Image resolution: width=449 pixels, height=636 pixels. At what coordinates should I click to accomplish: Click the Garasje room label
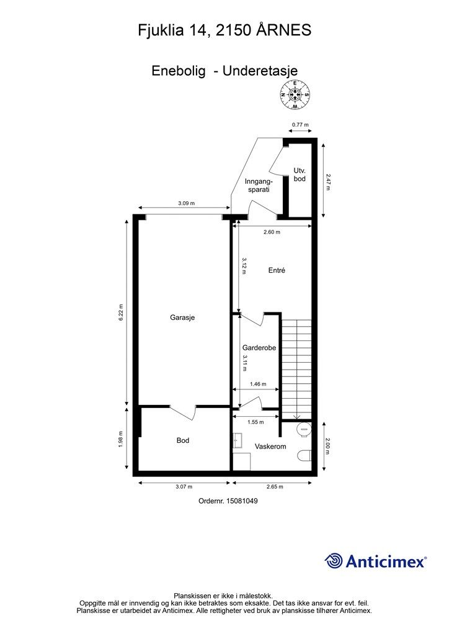tap(182, 317)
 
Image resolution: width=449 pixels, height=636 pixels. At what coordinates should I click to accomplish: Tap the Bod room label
tap(182, 440)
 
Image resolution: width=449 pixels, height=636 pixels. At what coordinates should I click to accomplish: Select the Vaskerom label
tap(270, 447)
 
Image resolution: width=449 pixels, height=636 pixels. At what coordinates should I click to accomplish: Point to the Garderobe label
tap(259, 348)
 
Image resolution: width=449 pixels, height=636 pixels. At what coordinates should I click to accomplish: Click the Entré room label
tap(277, 270)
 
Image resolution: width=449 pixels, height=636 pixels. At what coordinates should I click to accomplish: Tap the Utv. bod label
tap(300, 175)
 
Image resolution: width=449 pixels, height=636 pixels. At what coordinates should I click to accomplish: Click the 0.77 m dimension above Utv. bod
tap(300, 125)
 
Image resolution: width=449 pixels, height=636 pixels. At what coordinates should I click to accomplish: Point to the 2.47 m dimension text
tap(328, 183)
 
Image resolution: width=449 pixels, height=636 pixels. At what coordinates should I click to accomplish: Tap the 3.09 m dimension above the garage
tap(186, 203)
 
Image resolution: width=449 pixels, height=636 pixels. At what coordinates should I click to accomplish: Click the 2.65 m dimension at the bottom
tap(275, 487)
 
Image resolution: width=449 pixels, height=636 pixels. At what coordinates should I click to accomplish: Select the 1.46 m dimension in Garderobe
tap(258, 384)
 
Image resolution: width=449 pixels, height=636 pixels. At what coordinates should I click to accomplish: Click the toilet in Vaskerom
tap(304, 457)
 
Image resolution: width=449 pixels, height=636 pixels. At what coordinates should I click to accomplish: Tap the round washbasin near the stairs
tap(305, 429)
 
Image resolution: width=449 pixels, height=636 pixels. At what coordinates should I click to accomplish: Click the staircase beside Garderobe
tap(297, 369)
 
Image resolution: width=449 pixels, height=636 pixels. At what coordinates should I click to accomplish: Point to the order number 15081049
tap(228, 501)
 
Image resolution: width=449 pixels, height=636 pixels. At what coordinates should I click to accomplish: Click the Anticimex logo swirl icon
tap(334, 561)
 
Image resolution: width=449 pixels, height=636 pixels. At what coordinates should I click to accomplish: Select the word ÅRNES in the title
tap(283, 30)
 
